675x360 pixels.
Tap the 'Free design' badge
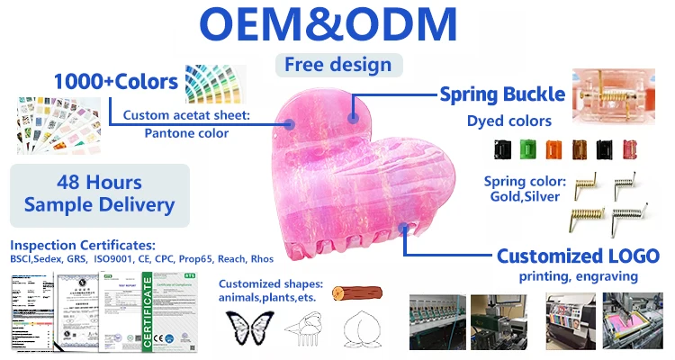coord(337,65)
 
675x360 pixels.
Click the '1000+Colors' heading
coord(115,81)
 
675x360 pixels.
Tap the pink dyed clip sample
coord(630,148)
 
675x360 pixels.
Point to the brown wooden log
coord(354,293)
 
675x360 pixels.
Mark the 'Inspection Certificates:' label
coord(84,245)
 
